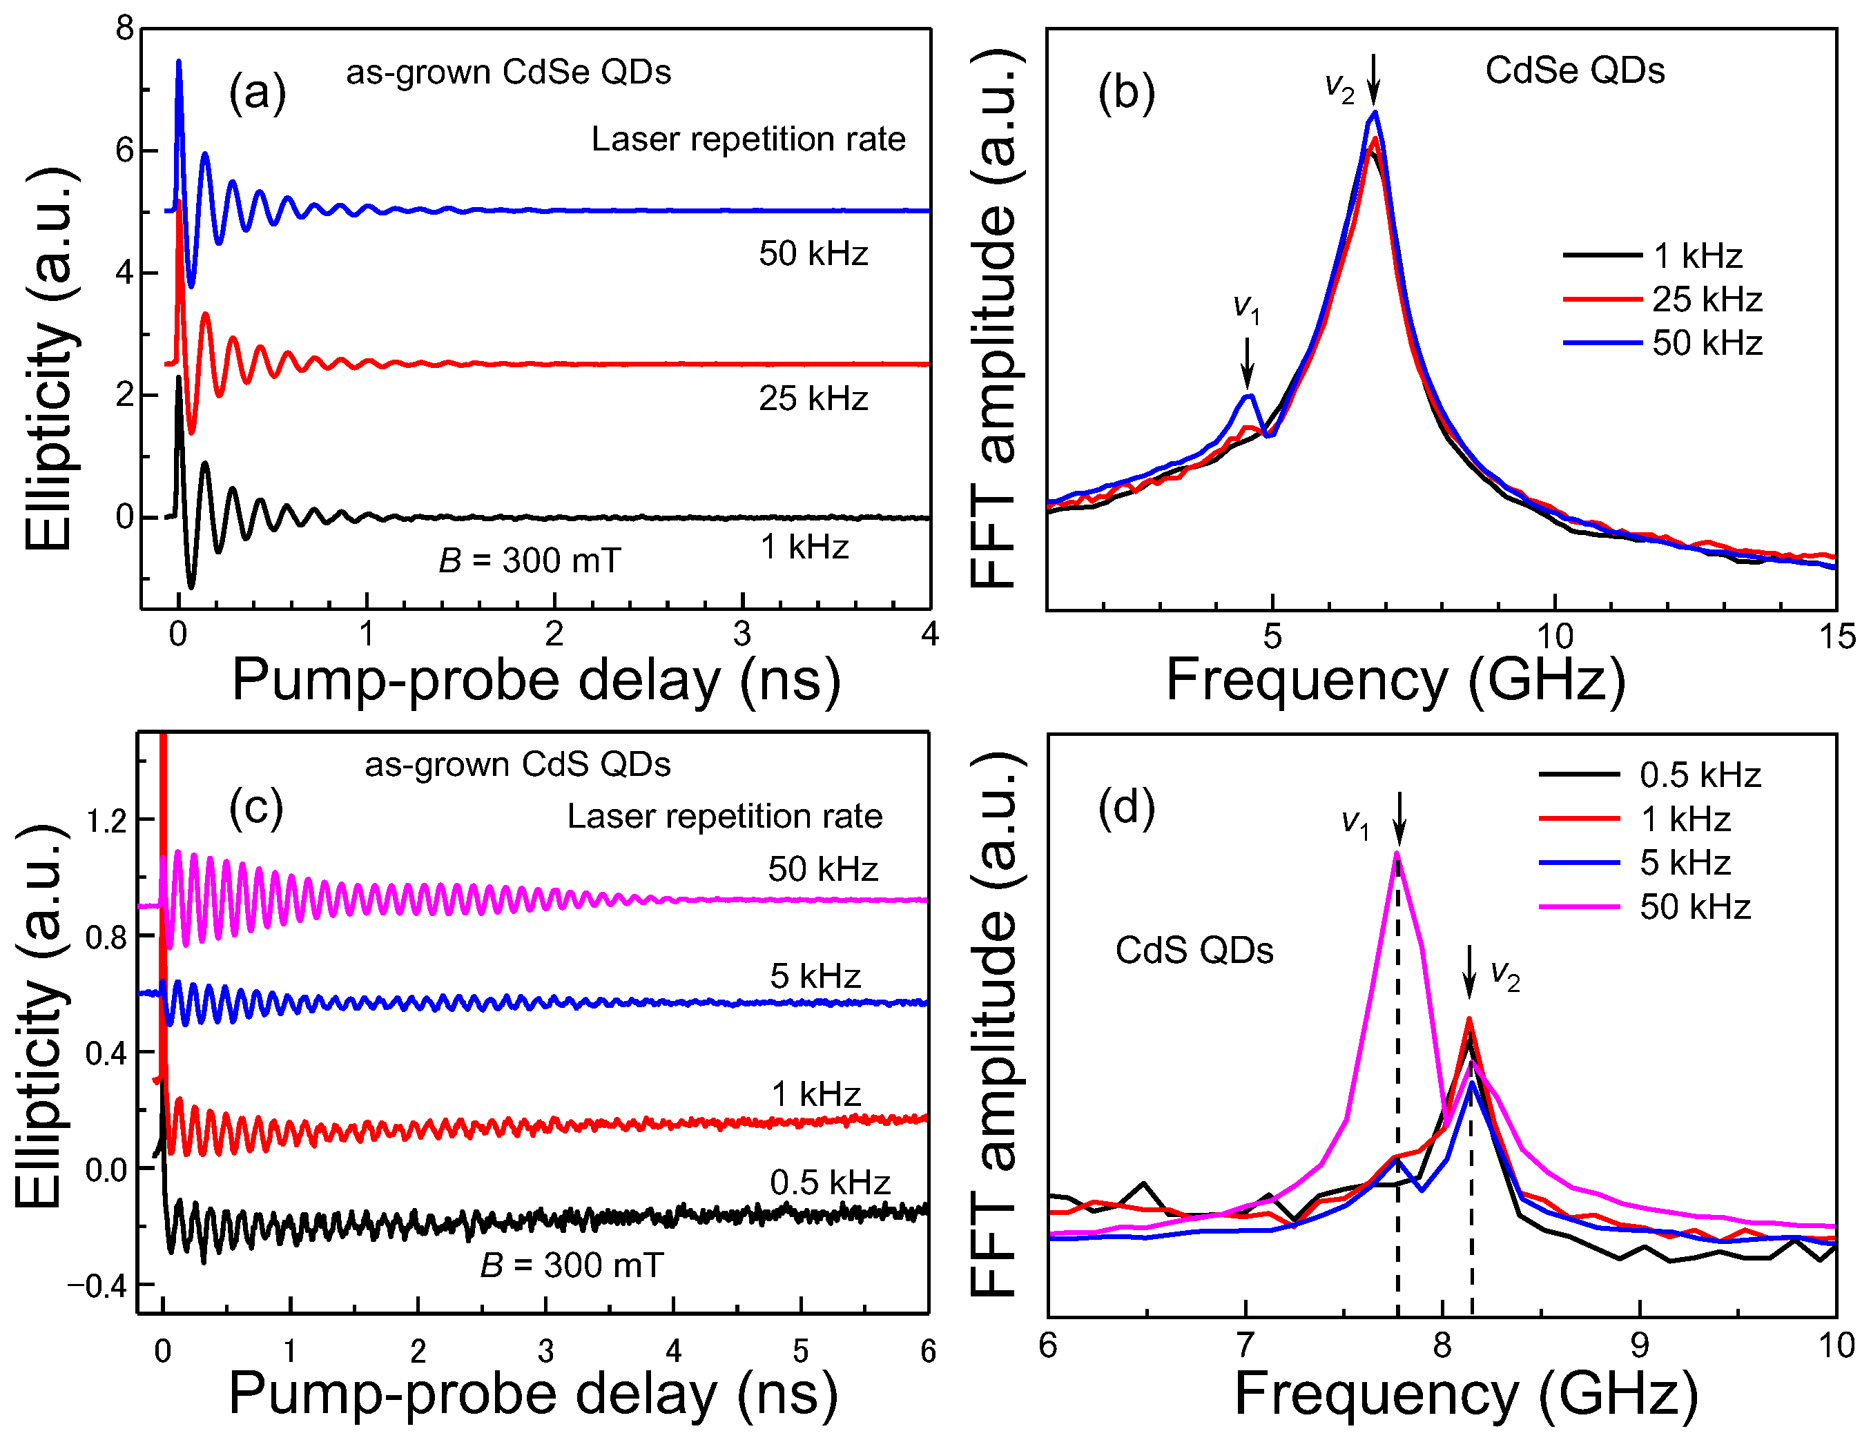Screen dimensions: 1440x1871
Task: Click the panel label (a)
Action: point(257,93)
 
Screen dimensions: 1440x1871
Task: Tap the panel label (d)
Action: point(1125,807)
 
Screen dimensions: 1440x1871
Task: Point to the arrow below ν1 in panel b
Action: point(1248,362)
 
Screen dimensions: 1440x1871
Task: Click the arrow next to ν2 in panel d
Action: point(1469,971)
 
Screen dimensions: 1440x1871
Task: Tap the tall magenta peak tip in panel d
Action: point(1397,853)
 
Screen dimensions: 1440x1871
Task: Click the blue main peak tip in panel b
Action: point(1375,113)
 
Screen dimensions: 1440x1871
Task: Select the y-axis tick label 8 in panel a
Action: point(125,29)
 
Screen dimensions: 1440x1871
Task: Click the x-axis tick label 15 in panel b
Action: point(1836,636)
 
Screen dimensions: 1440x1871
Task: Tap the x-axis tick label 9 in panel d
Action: point(1639,1345)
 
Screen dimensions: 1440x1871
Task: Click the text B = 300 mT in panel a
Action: point(529,561)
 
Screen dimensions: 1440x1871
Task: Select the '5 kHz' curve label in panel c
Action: point(815,975)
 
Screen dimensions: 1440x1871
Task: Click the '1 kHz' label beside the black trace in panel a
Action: point(804,547)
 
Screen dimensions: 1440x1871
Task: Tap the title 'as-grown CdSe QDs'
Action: point(508,72)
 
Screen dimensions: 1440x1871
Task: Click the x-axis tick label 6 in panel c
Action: point(928,1352)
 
